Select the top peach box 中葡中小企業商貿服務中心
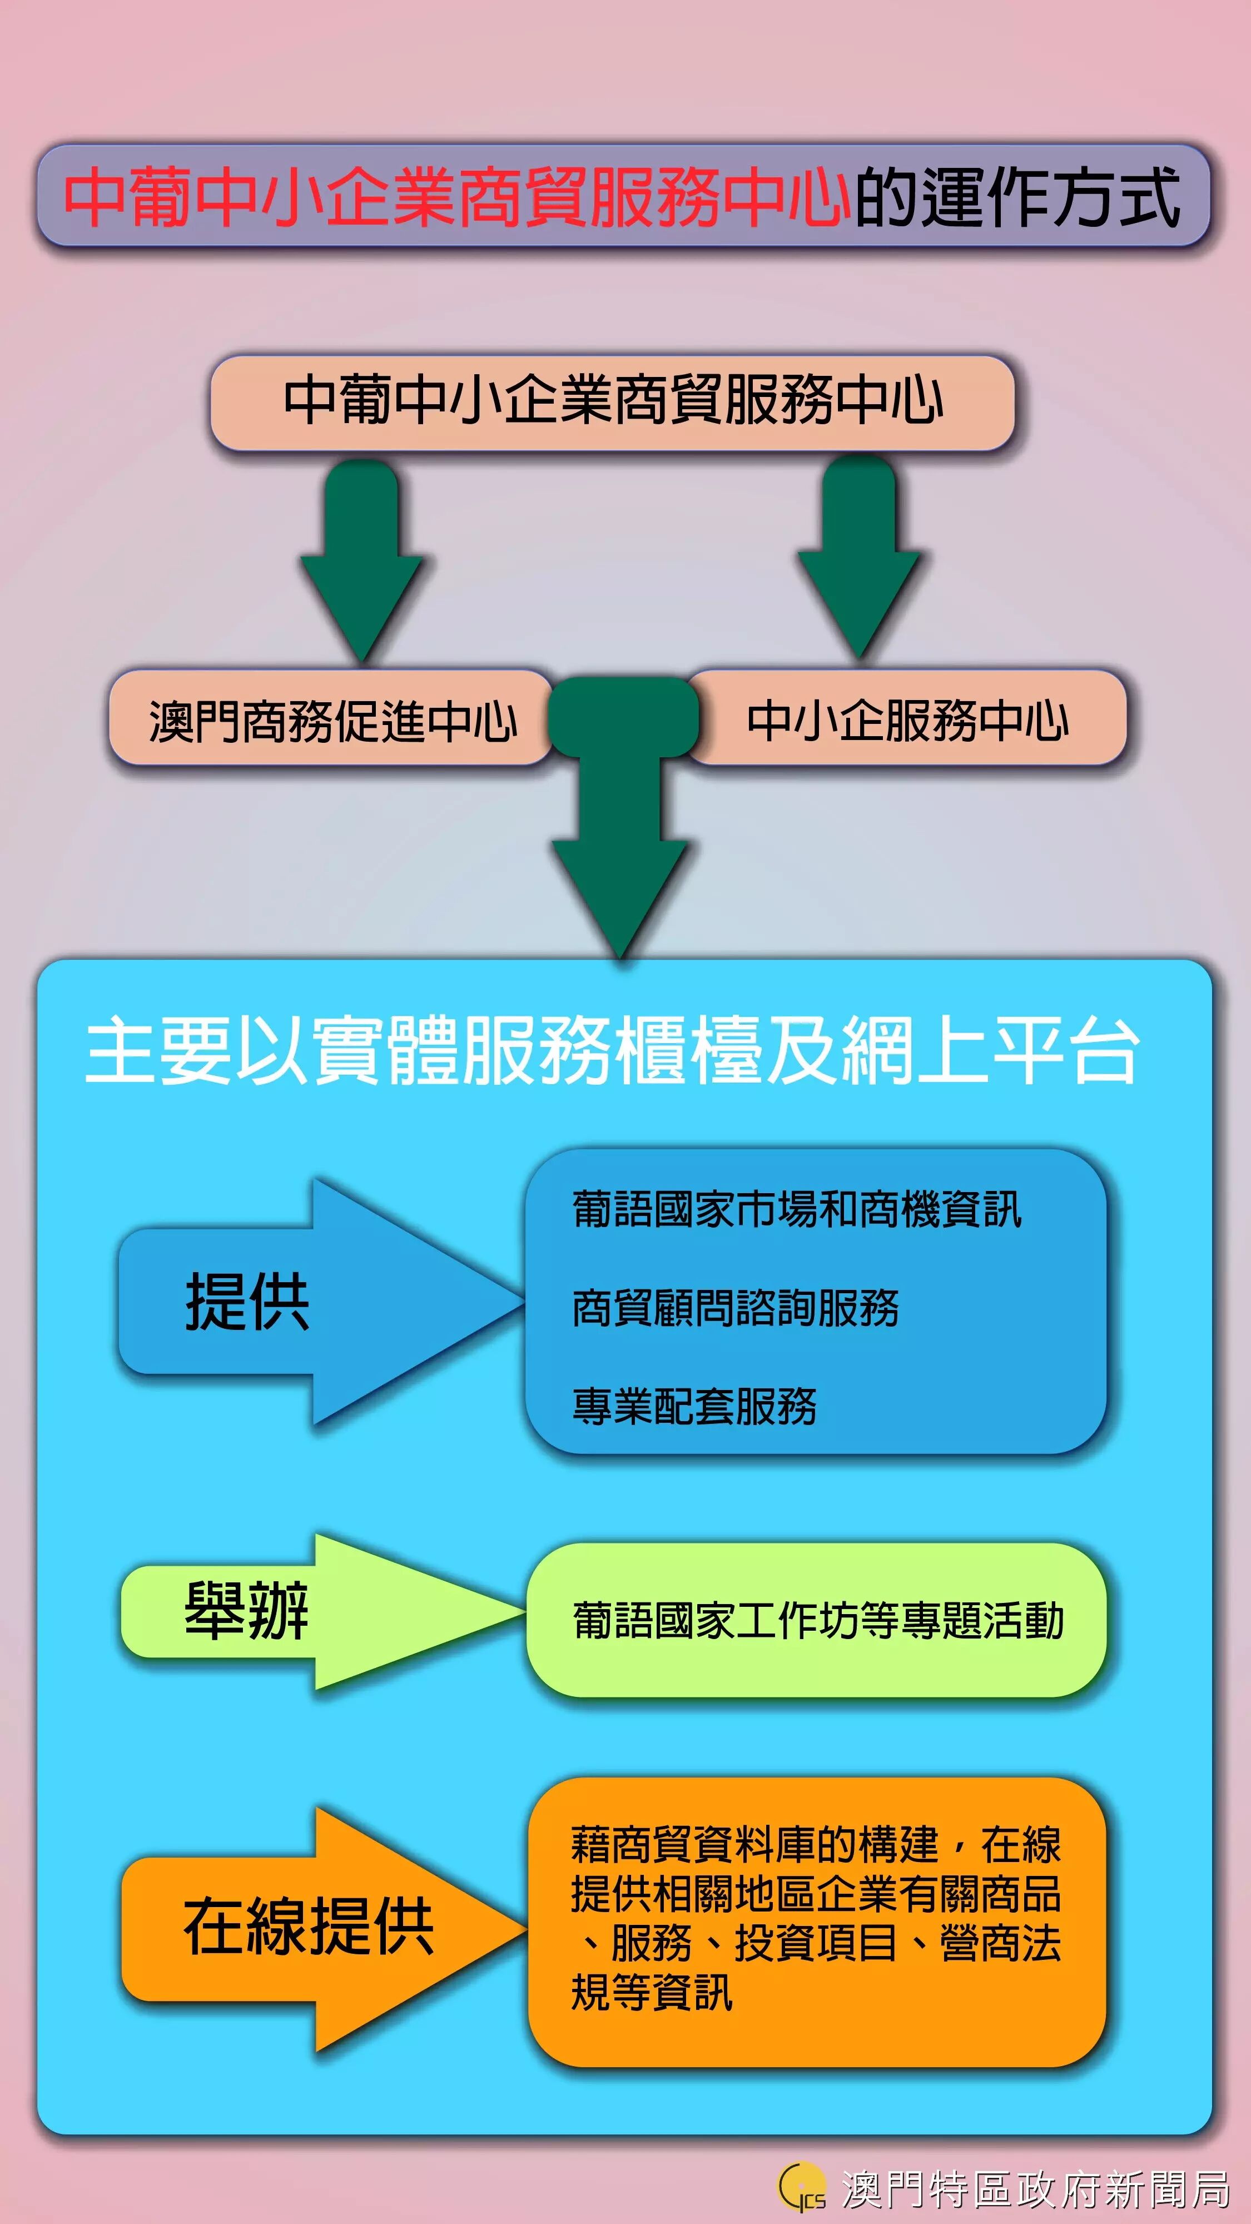coord(612,401)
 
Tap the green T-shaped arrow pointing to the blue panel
coord(622,820)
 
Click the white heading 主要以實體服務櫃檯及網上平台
coord(612,1050)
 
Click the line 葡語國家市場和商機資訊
coord(797,1209)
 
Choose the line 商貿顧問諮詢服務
coord(736,1307)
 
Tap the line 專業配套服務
coord(694,1406)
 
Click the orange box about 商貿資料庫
coord(817,1921)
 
